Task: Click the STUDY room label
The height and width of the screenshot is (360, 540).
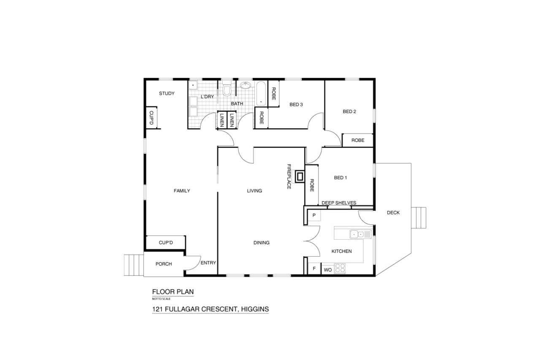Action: tap(167, 93)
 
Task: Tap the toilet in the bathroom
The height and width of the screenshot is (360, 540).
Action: tap(227, 89)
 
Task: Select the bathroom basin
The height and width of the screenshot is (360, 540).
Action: tap(246, 85)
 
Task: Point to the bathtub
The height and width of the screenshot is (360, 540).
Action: tap(261, 94)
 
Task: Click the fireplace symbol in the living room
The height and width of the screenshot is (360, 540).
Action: tap(300, 177)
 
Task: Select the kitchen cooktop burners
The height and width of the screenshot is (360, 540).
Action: tap(340, 268)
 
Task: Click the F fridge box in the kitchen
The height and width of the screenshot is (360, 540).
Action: tap(314, 268)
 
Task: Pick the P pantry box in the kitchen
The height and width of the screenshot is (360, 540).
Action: tap(314, 215)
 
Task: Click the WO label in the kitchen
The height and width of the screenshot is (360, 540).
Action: tap(328, 270)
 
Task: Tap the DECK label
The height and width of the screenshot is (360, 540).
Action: tap(393, 213)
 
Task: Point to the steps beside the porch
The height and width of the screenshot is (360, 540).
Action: tap(134, 265)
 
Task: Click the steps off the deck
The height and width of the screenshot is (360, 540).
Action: tap(419, 218)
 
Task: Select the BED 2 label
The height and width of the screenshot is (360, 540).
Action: tap(349, 111)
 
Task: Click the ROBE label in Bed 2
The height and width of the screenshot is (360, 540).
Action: tap(358, 140)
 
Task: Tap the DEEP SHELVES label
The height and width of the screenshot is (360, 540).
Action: tap(339, 203)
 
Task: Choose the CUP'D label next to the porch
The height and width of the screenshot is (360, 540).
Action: tap(166, 243)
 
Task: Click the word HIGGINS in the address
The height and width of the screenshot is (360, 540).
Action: tap(255, 309)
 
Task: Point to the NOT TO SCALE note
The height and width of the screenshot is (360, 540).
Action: tap(161, 299)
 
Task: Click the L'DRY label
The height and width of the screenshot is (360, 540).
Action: tap(207, 97)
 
